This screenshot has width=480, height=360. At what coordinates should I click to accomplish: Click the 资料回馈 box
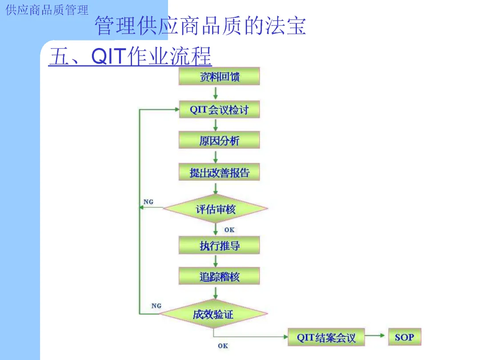(219, 76)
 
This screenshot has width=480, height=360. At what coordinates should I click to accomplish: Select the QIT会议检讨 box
(219, 109)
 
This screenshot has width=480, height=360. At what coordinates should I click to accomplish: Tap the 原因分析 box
(219, 140)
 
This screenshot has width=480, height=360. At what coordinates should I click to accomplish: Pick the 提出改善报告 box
(219, 172)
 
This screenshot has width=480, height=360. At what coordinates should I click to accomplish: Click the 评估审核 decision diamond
(216, 208)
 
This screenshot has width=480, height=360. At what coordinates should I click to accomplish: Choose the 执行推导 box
(219, 245)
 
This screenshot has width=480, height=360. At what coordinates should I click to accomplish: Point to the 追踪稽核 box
(219, 276)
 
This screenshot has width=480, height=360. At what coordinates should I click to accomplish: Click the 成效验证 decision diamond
(213, 314)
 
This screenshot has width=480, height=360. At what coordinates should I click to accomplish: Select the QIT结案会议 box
(326, 337)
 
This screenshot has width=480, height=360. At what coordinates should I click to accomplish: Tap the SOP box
(404, 337)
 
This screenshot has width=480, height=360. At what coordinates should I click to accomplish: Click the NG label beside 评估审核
(148, 202)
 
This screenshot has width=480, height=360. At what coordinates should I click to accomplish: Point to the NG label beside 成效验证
(156, 306)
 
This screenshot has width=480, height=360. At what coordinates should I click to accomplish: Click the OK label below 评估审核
(229, 230)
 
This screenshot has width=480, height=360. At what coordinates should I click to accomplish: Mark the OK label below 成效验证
(223, 345)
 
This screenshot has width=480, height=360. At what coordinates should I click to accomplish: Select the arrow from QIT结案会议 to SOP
(376, 336)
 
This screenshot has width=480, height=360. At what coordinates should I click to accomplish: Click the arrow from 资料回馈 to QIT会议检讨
(216, 93)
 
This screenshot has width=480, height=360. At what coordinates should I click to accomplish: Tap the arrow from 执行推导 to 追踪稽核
(216, 261)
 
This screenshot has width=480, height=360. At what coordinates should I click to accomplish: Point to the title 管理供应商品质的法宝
(200, 26)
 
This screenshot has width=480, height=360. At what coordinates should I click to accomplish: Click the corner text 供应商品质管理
(47, 10)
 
